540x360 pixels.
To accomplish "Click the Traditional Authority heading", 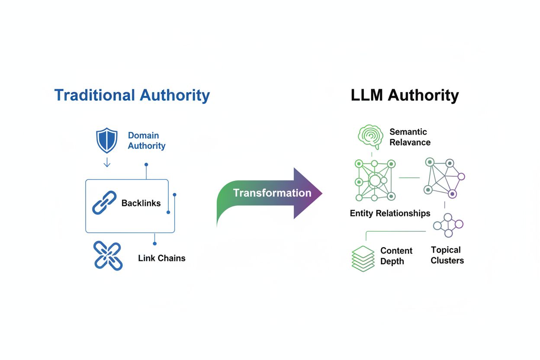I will tap(132, 95).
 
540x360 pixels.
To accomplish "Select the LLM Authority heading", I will tap(405, 95).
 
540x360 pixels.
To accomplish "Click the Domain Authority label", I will tap(146, 141).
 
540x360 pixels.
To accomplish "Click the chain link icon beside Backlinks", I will tap(104, 202).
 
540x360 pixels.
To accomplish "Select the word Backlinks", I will tap(141, 203).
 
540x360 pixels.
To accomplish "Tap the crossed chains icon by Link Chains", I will tap(108, 256).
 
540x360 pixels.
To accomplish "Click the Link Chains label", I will tap(161, 258).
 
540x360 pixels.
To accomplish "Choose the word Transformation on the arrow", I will tap(272, 193).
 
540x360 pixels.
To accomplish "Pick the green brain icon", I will tap(371, 136).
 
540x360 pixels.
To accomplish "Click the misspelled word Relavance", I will tap(410, 142).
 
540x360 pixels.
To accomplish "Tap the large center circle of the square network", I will tap(375, 180).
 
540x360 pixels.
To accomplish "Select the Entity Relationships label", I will tap(390, 213).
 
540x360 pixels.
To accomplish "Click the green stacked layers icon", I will tap(363, 258).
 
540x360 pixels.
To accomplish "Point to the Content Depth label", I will tap(396, 256).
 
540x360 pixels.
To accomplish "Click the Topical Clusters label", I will tap(447, 255).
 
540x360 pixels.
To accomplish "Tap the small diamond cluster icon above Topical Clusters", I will tap(448, 225).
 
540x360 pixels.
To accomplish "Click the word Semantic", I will tap(408, 132).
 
